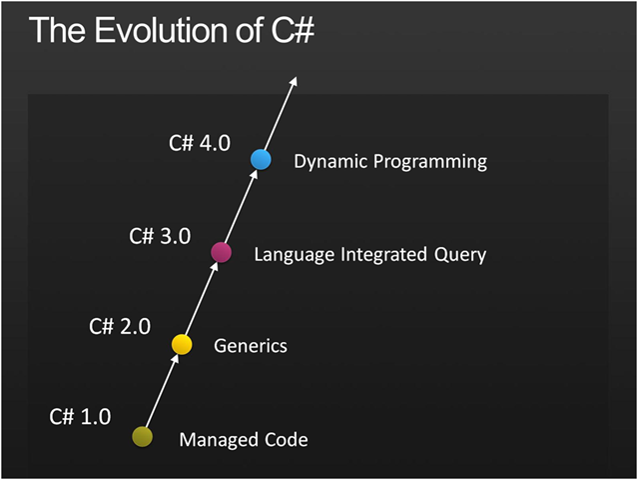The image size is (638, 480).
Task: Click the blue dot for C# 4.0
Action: click(x=261, y=159)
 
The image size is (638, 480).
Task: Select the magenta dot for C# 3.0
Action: click(x=222, y=252)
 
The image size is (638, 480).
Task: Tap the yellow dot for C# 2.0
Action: click(x=182, y=344)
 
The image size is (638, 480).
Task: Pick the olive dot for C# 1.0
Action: click(x=143, y=436)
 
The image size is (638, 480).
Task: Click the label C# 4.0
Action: click(x=199, y=143)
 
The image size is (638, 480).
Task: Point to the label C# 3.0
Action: click(x=160, y=236)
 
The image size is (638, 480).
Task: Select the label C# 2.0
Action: click(x=119, y=326)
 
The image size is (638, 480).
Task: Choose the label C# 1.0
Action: click(x=80, y=416)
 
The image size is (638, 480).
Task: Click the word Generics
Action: click(x=251, y=346)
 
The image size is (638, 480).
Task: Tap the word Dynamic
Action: click(x=329, y=162)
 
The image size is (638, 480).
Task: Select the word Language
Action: click(x=295, y=255)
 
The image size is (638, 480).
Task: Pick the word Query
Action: click(x=461, y=255)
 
